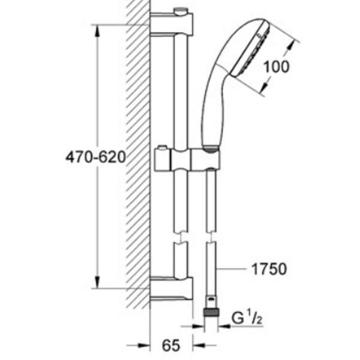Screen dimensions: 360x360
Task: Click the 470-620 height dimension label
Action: pyautogui.click(x=96, y=157)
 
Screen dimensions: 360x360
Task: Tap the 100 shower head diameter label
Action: pyautogui.click(x=276, y=67)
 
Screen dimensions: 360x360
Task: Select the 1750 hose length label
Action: pyautogui.click(x=269, y=269)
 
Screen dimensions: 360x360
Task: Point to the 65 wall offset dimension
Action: pyautogui.click(x=171, y=346)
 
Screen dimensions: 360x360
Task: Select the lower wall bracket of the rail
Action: pyautogui.click(x=171, y=289)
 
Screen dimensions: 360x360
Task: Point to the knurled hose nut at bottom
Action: pyautogui.click(x=211, y=313)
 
